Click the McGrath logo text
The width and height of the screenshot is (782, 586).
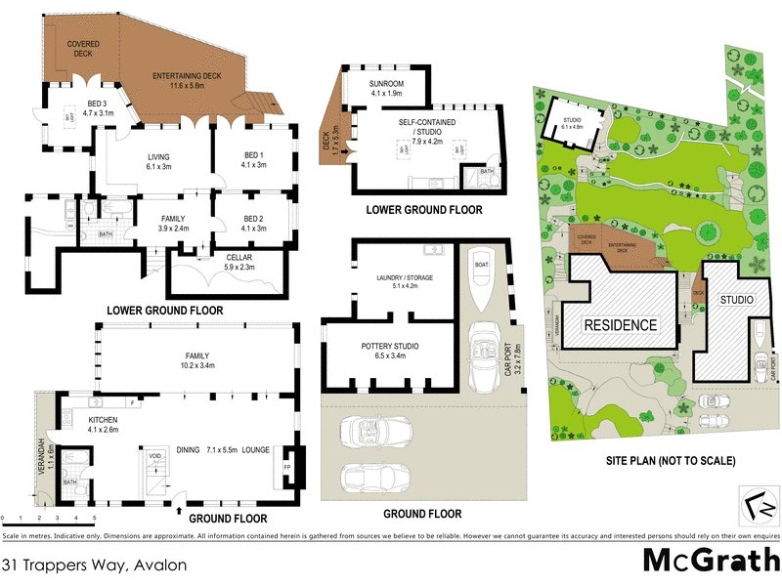[711, 560]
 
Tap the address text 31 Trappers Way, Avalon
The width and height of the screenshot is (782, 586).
[94, 565]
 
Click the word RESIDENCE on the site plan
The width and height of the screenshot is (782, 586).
[621, 324]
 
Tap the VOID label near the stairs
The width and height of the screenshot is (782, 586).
[154, 454]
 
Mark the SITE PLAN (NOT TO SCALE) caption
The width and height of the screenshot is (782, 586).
[658, 460]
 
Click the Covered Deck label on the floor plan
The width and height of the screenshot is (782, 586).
[83, 50]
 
